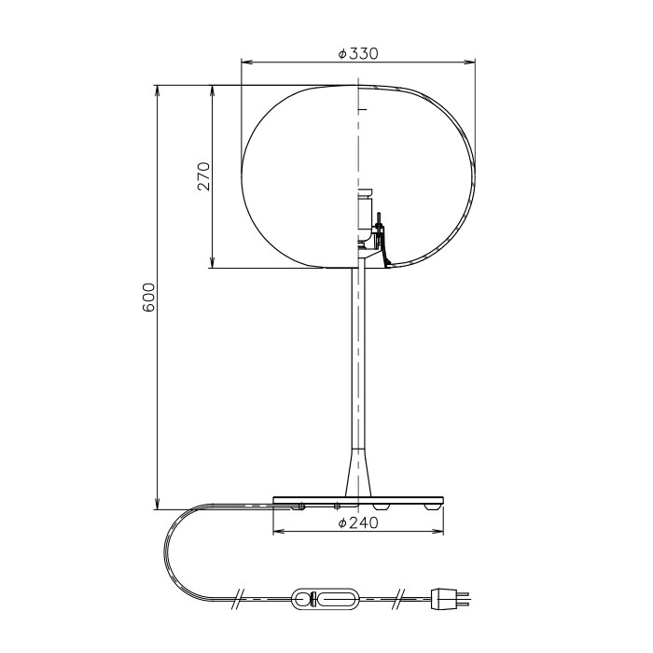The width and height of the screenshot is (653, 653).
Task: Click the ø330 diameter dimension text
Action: click(358, 53)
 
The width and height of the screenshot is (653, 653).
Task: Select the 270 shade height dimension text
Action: click(203, 176)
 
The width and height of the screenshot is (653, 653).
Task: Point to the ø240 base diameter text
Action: click(357, 523)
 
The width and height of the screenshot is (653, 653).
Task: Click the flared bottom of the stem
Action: click(357, 471)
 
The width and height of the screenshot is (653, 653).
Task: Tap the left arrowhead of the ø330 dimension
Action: click(245, 63)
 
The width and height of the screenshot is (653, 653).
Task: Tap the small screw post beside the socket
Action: click(380, 224)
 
